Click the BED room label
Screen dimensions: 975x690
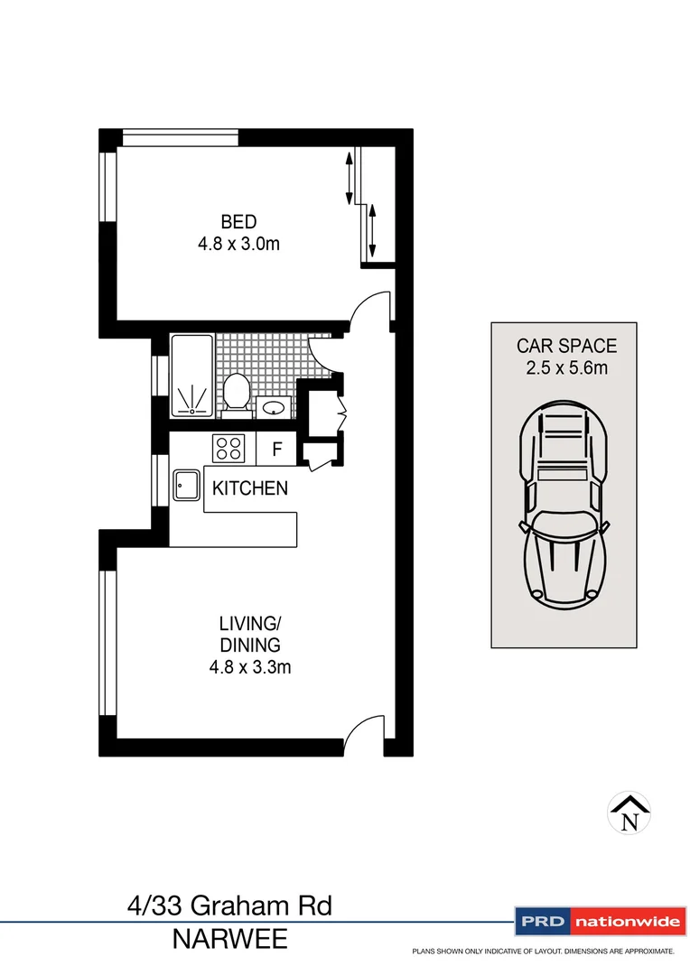pyautogui.click(x=238, y=221)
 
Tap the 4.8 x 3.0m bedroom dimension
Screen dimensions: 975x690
pyautogui.click(x=238, y=244)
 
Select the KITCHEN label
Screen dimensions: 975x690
pyautogui.click(x=250, y=488)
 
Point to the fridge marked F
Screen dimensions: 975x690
pyautogui.click(x=277, y=448)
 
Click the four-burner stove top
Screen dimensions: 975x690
pyautogui.click(x=228, y=447)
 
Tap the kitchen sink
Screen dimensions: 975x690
pyautogui.click(x=187, y=487)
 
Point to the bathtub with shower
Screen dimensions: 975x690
pyautogui.click(x=191, y=376)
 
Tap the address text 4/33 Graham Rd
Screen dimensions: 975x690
pyautogui.click(x=230, y=905)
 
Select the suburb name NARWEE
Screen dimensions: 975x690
pyautogui.click(x=230, y=940)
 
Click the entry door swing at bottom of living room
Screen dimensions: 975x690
pyautogui.click(x=366, y=731)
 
